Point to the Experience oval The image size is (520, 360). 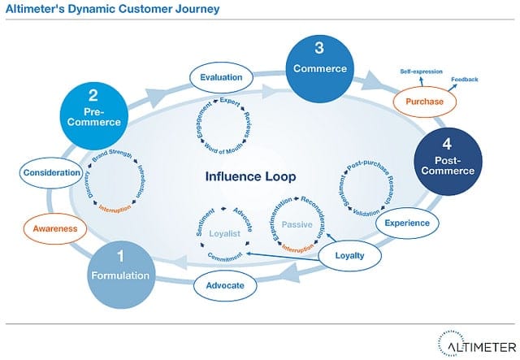pyautogui.click(x=407, y=223)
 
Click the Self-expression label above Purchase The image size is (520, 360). pyautogui.click(x=420, y=72)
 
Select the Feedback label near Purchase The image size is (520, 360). pyautogui.click(x=466, y=79)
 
